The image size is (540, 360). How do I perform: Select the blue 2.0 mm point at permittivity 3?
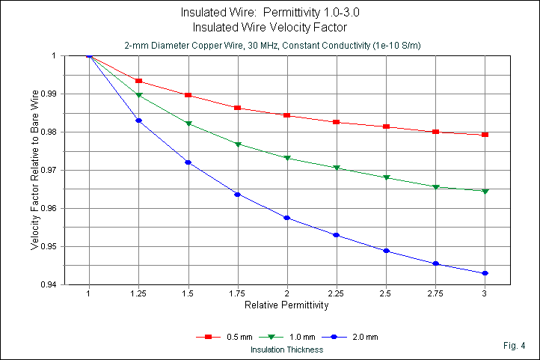pyautogui.click(x=485, y=273)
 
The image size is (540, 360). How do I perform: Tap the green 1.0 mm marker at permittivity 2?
pyautogui.click(x=287, y=158)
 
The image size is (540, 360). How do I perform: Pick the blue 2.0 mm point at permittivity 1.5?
pyautogui.click(x=188, y=162)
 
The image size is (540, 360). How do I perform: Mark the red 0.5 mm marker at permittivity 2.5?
pyautogui.click(x=386, y=126)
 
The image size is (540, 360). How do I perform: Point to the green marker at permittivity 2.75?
pyautogui.click(x=435, y=186)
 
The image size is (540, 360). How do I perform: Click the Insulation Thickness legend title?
pyautogui.click(x=286, y=349)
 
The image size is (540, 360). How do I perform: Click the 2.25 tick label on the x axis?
pyautogui.click(x=337, y=294)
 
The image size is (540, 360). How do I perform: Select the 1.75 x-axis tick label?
pyautogui.click(x=237, y=294)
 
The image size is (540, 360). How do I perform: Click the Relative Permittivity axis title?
pyautogui.click(x=286, y=305)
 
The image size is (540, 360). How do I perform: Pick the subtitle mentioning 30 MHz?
pyautogui.click(x=286, y=46)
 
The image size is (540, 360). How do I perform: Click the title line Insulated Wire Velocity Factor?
pyautogui.click(x=286, y=28)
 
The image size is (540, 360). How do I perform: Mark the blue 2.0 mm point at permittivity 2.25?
pyautogui.click(x=337, y=235)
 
